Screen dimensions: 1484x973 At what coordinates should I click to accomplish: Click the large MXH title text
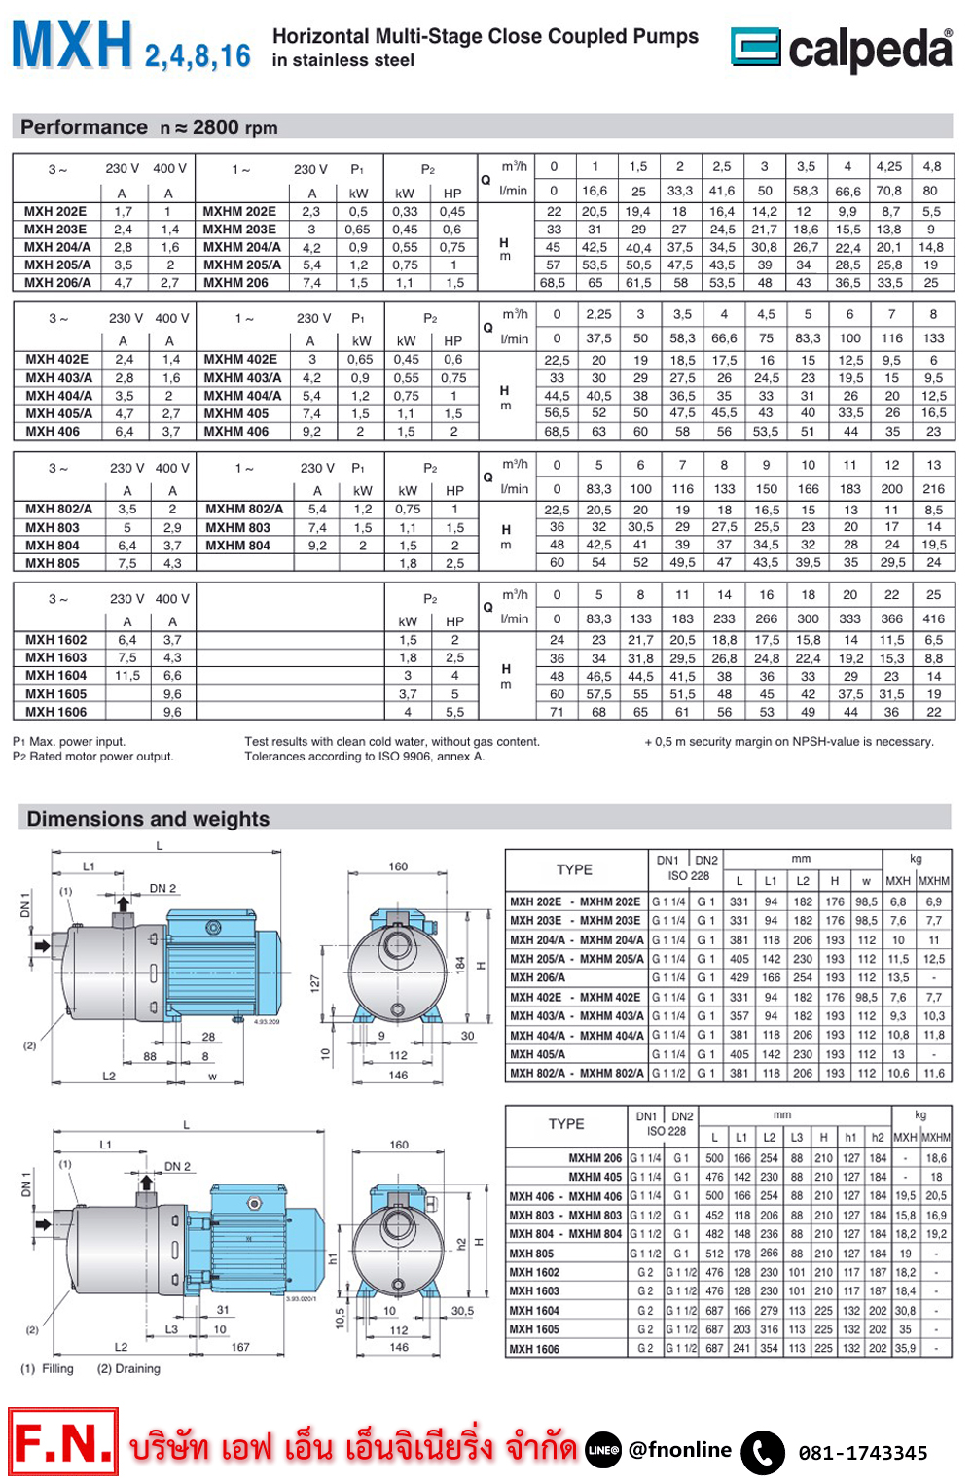tap(72, 45)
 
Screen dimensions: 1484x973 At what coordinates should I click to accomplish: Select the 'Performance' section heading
tap(84, 127)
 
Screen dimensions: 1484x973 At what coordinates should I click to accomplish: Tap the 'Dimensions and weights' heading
tap(148, 819)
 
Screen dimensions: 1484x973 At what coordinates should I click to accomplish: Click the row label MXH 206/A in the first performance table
tap(57, 283)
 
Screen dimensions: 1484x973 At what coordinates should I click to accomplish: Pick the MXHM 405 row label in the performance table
tap(235, 413)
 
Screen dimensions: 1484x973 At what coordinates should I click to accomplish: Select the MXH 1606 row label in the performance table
tap(55, 712)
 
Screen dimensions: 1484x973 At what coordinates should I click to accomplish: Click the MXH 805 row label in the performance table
tap(52, 563)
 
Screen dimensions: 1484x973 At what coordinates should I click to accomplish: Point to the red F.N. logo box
tap(64, 1442)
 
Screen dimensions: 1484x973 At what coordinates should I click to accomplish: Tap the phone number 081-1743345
tap(862, 1453)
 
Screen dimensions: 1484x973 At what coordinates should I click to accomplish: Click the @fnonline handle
tap(679, 1450)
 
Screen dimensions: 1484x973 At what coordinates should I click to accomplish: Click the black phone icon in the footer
tap(762, 1452)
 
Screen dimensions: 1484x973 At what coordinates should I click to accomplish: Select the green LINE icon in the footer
tap(603, 1450)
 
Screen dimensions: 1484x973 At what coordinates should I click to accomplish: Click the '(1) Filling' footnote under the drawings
tap(47, 1368)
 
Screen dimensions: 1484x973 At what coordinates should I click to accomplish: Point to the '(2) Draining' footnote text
tap(128, 1368)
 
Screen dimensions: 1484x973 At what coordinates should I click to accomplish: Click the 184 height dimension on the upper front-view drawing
tap(459, 964)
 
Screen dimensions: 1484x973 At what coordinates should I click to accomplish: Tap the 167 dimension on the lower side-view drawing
tap(240, 1347)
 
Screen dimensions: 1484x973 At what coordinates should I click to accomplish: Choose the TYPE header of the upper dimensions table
tap(574, 869)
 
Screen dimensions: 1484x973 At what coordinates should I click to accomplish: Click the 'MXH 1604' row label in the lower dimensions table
tap(534, 1310)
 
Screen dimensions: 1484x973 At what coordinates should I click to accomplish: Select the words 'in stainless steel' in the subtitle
tap(342, 60)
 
